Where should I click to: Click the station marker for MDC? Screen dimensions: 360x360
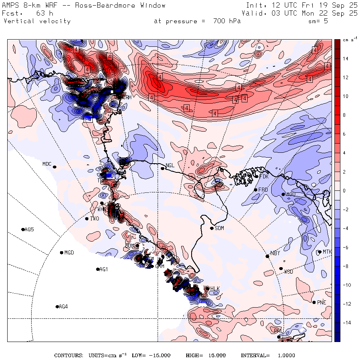[x=54, y=167]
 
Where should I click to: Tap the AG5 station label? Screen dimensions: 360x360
[x=29, y=230]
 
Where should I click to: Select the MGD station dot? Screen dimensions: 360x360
[x=62, y=253]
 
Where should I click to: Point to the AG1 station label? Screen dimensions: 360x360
[x=104, y=270]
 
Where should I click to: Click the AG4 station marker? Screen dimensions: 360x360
[x=57, y=307]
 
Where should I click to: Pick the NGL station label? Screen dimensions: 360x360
[x=170, y=165]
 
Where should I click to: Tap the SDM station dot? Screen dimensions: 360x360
[x=212, y=228]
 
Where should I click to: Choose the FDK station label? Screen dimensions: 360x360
[x=264, y=176]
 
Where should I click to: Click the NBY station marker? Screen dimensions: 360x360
[x=268, y=256]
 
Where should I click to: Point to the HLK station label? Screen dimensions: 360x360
[x=215, y=289]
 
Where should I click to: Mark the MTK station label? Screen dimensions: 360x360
[x=327, y=252]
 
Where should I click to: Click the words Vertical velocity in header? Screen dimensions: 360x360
[x=37, y=21]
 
